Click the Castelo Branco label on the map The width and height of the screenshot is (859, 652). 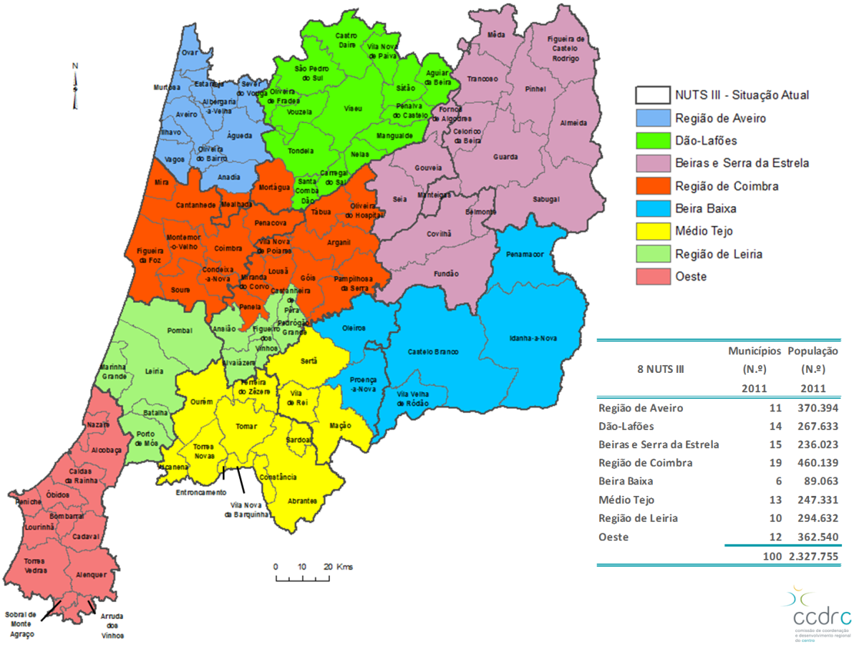(433, 351)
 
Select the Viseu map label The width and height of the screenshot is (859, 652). (354, 109)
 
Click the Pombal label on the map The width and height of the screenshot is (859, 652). (175, 331)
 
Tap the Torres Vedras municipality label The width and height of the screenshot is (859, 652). (35, 565)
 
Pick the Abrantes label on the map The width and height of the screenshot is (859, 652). (302, 501)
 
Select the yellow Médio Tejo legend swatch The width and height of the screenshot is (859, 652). (652, 230)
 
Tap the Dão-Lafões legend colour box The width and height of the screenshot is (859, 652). (652, 140)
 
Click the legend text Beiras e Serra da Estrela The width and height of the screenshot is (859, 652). (742, 163)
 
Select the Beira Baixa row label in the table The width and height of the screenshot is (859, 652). (626, 482)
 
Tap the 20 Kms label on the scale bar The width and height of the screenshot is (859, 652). (340, 567)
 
